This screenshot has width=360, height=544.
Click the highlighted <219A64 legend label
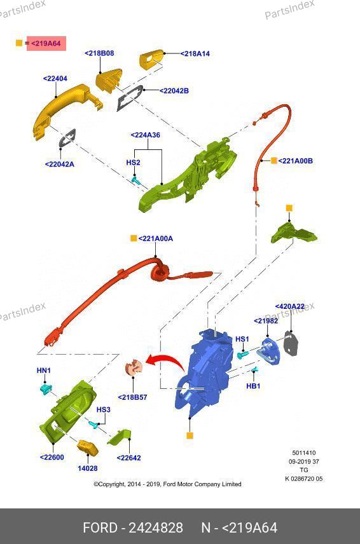[46, 43]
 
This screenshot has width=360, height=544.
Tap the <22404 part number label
[55, 78]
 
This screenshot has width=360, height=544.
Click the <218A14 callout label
[195, 53]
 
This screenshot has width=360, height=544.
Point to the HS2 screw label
[133, 162]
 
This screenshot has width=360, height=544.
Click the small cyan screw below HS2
[135, 180]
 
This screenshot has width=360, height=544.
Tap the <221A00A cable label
[156, 238]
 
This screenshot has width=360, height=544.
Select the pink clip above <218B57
[134, 367]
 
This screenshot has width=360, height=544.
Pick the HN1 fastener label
[44, 371]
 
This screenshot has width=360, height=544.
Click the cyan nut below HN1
[45, 389]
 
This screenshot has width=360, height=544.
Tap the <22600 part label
[52, 458]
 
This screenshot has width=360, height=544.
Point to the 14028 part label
[88, 468]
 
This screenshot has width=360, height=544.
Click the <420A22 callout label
[289, 306]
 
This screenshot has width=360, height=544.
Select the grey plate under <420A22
[291, 343]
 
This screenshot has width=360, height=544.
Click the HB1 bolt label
[253, 386]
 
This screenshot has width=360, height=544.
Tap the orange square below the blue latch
[190, 435]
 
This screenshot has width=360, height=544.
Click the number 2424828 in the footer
[156, 527]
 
